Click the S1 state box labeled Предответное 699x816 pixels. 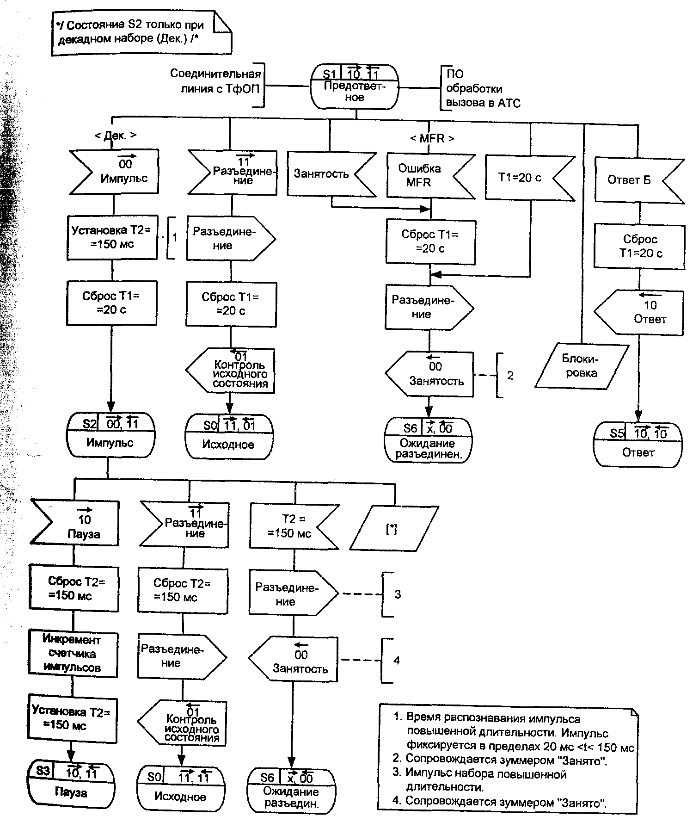(354, 87)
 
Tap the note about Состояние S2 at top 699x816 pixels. (139, 32)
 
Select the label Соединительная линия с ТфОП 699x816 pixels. (216, 81)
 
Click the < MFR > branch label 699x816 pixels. (432, 138)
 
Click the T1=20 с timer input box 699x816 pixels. (527, 178)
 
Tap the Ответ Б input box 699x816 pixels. (636, 180)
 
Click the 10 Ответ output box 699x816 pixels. (640, 312)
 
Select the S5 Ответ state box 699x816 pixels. (638, 444)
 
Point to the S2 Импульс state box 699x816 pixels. (110, 435)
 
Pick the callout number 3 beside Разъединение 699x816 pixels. (398, 594)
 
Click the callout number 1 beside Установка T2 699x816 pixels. (174, 237)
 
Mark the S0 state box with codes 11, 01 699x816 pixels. (229, 437)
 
